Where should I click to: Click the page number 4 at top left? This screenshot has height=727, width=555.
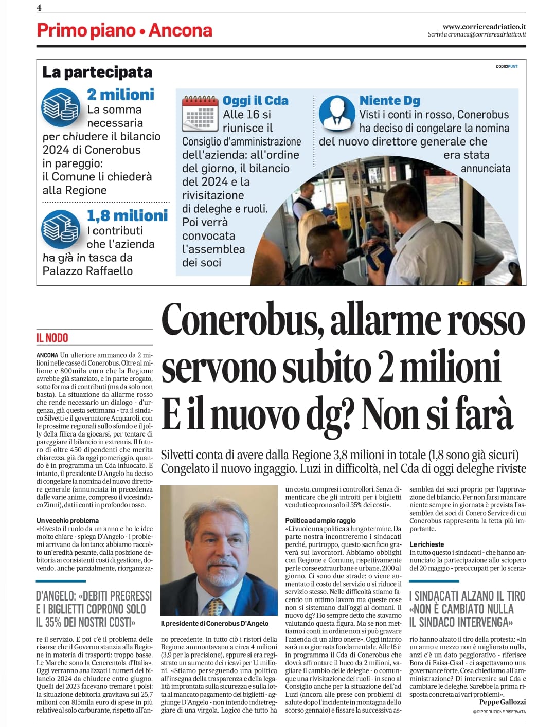pos(39,7)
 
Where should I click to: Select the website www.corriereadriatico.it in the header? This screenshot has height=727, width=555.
pos(484,26)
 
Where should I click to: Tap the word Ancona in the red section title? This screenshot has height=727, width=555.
pos(180,30)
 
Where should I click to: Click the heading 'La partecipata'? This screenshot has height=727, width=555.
pos(97,72)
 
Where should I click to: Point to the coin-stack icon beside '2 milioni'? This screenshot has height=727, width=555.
pos(61,107)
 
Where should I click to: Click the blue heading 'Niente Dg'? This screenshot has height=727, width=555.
pos(389,100)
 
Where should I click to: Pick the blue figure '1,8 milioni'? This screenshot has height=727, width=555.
pos(127,215)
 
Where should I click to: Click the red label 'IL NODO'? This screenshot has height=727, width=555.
pos(52,338)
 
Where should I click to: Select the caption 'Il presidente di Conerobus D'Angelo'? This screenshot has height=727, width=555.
pos(214,623)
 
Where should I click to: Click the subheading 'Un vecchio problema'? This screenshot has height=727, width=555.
pos(67,520)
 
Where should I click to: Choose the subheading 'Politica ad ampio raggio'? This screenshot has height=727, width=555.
pos(320,520)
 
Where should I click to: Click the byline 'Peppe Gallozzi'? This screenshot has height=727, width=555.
pos(502,702)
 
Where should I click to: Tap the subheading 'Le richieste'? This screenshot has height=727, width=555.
pos(426,544)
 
